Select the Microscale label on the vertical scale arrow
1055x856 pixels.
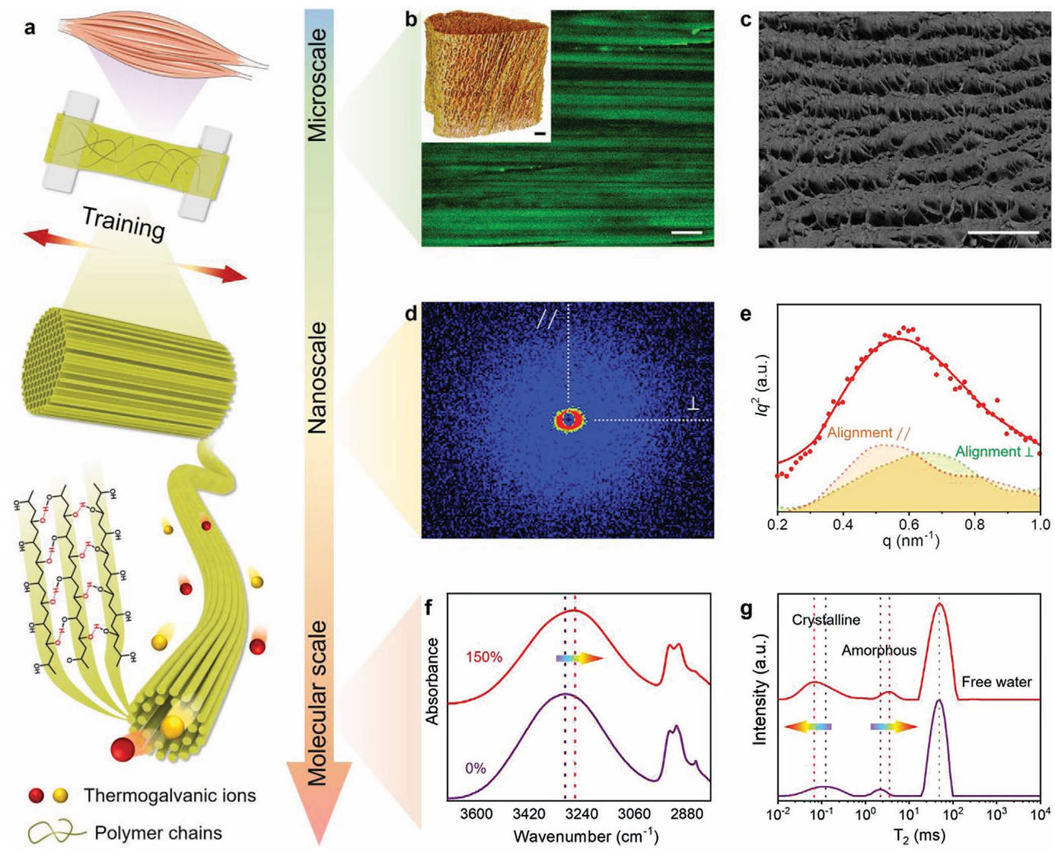pyautogui.click(x=317, y=85)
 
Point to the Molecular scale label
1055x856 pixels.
pyautogui.click(x=317, y=702)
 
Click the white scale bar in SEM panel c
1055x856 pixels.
pyautogui.click(x=1003, y=232)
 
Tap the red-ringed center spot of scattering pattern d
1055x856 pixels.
pyautogui.click(x=569, y=420)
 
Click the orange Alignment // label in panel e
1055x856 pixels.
pyautogui.click(x=869, y=433)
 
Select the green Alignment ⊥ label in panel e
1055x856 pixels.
pyautogui.click(x=994, y=452)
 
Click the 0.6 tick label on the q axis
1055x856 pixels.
pyautogui.click(x=908, y=525)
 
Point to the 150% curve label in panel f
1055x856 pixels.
pyautogui.click(x=484, y=656)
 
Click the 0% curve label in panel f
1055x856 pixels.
pyautogui.click(x=475, y=768)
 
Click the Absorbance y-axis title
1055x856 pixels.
pyautogui.click(x=432, y=682)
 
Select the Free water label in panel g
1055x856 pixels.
pyautogui.click(x=996, y=682)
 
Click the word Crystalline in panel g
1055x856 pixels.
pyautogui.click(x=826, y=620)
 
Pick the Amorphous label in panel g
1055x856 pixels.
pyautogui.click(x=878, y=650)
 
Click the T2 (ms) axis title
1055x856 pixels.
pyautogui.click(x=908, y=836)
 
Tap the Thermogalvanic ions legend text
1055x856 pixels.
pyautogui.click(x=170, y=796)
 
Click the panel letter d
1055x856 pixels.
pyautogui.click(x=411, y=312)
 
